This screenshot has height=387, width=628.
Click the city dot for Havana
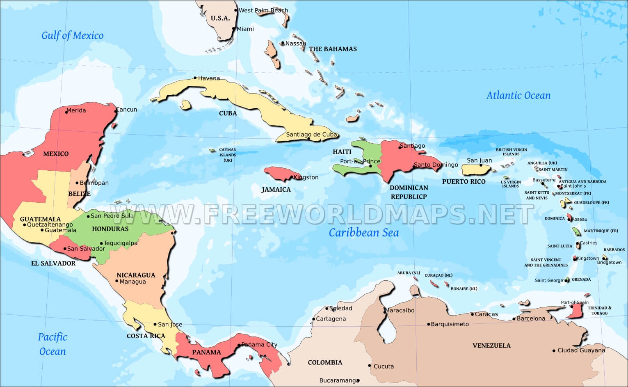click(195, 78)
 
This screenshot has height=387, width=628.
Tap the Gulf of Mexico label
click(72, 36)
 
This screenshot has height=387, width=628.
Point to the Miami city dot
click(234, 29)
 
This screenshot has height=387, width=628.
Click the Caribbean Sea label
click(363, 233)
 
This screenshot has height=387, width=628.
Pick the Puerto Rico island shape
click(476, 169)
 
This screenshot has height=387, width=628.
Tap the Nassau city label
click(296, 44)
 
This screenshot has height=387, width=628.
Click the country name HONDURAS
click(110, 229)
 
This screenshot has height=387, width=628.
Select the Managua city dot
click(117, 281)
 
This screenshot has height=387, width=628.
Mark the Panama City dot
click(239, 345)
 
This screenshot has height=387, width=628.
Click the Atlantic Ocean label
click(518, 96)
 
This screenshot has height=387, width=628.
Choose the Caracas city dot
click(472, 314)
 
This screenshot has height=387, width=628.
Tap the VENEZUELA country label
click(491, 346)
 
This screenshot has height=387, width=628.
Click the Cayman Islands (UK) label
click(228, 155)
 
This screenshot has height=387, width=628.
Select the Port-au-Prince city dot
click(370, 166)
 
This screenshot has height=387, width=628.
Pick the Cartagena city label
click(331, 319)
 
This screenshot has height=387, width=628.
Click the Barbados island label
click(614, 250)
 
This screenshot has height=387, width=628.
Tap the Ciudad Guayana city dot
click(554, 350)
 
